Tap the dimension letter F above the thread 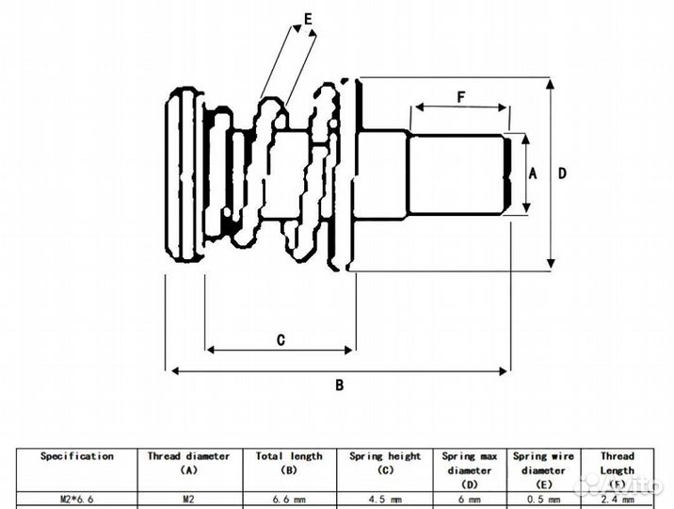coord(460,97)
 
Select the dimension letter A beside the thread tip coord(532,173)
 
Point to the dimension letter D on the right coord(563,173)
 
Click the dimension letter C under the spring coord(281,340)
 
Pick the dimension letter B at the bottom coord(340,385)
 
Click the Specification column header coord(76,456)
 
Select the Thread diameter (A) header coord(188,462)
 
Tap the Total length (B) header coord(289,462)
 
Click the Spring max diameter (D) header coord(469,469)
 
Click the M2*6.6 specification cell coord(76,500)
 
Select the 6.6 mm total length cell coord(289,500)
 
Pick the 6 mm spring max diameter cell coord(469,500)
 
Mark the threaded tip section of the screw coord(457,174)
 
